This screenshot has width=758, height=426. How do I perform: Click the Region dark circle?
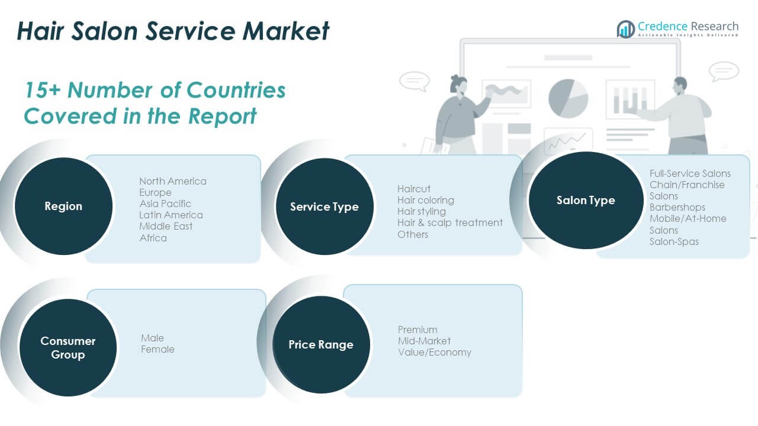(63, 206)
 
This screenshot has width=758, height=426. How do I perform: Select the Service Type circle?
(325, 207)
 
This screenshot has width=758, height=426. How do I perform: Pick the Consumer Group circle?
(68, 348)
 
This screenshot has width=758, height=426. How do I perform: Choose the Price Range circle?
(321, 345)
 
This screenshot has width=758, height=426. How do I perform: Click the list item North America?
(173, 181)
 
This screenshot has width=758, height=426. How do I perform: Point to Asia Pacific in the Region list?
(165, 204)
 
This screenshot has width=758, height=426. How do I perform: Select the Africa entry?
(153, 238)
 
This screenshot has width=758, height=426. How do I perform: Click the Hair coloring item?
(426, 200)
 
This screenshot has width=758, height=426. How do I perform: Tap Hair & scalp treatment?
(450, 222)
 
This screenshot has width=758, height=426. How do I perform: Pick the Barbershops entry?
(677, 207)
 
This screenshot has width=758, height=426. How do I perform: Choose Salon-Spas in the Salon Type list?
(674, 241)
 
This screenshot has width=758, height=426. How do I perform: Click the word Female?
(158, 349)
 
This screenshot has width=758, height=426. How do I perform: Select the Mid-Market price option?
(424, 341)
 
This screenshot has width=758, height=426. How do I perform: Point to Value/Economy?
(435, 352)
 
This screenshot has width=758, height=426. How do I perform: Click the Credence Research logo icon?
(625, 28)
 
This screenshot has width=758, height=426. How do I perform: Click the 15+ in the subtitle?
(42, 90)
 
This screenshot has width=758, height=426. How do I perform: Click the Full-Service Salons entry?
(690, 173)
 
